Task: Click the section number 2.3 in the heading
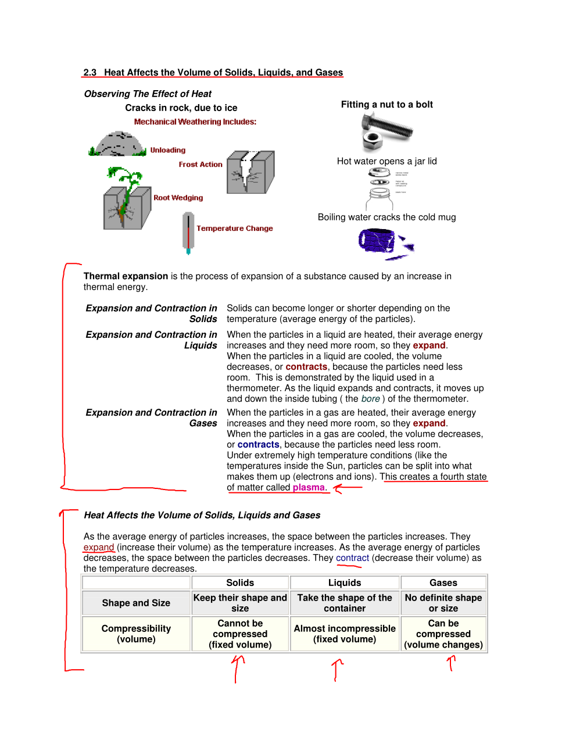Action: coord(90,73)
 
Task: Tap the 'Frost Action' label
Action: coord(201,165)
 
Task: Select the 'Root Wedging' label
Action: coord(178,198)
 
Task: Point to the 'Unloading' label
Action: coord(167,150)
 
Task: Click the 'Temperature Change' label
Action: coord(234,228)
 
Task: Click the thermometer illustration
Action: coord(188,233)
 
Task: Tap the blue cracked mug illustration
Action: coord(384,243)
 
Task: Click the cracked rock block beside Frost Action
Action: coord(250,172)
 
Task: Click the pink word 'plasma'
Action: coord(309,488)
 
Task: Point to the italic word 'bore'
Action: coord(370,399)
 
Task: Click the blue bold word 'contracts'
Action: coord(258,445)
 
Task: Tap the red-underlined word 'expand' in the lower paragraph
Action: coord(98,548)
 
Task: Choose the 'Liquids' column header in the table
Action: coord(345,583)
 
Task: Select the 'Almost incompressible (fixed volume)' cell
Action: coord(345,634)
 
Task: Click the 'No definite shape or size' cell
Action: coord(443,603)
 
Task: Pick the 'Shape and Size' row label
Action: coord(136,603)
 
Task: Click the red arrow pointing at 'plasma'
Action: coord(347,488)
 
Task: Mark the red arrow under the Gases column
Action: coord(451,663)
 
